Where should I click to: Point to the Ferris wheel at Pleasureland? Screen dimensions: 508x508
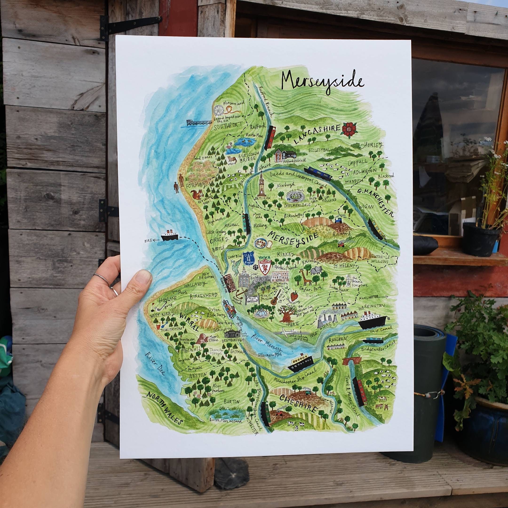[x=219, y=111]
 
